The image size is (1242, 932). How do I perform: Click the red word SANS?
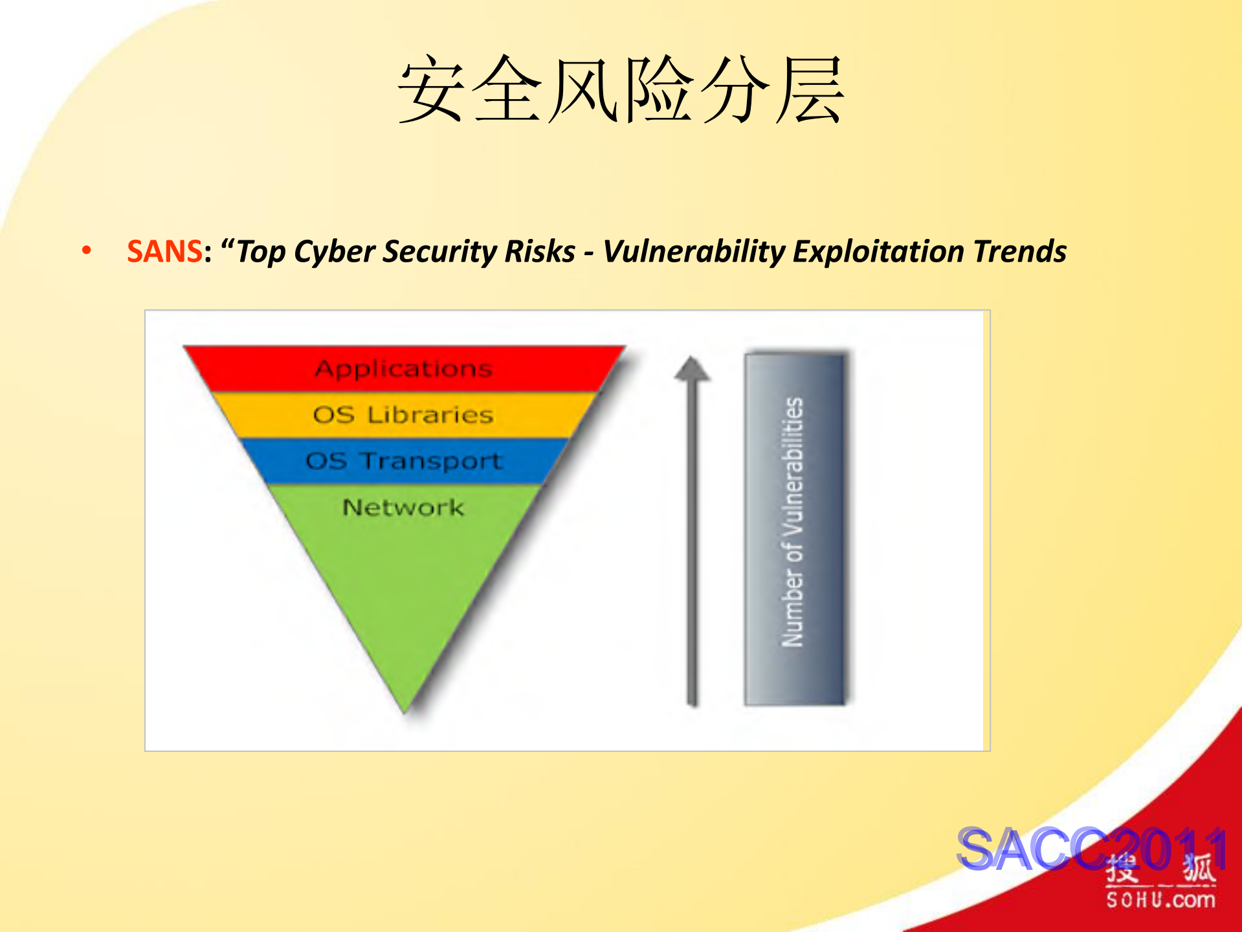click(165, 251)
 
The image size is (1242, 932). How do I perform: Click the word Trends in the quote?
click(1020, 251)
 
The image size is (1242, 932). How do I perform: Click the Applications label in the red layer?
click(404, 369)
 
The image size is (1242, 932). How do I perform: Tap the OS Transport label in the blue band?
click(404, 461)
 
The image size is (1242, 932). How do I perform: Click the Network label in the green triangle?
click(403, 507)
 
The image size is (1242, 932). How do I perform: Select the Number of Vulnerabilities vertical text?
click(793, 521)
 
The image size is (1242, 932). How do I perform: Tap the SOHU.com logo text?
click(1160, 900)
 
